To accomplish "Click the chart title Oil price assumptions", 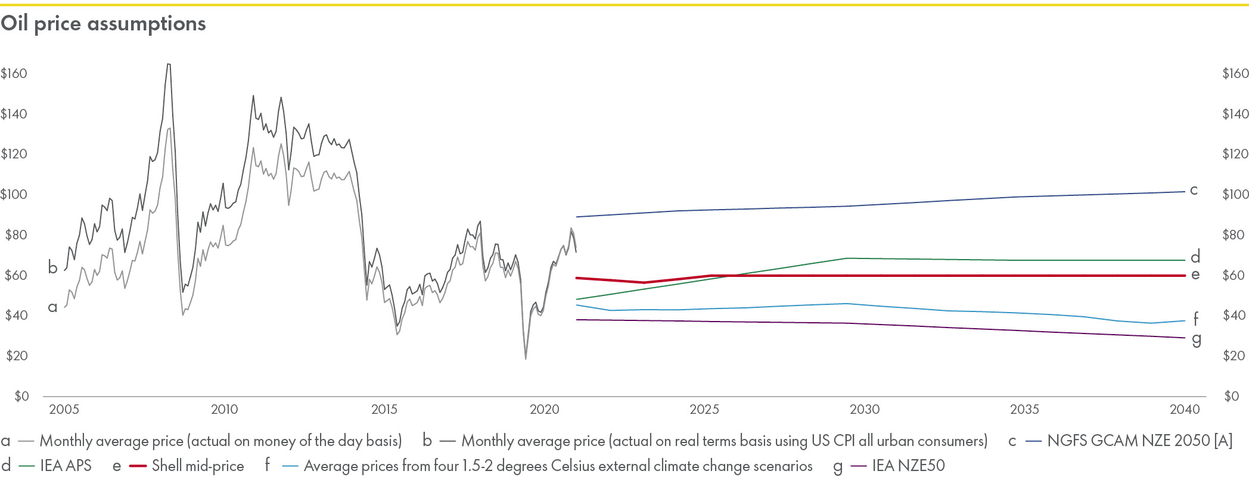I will tap(103, 24).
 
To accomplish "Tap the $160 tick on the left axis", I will tap(14, 73).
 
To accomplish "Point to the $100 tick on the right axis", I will tap(1235, 194).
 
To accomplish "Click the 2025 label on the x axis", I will tap(704, 410).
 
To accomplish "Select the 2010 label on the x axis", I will tap(224, 410).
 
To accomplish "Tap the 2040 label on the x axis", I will tap(1185, 410).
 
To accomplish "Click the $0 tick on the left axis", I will tap(21, 396).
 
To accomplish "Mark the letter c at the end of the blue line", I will tap(1194, 190).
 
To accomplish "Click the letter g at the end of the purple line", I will tap(1196, 339).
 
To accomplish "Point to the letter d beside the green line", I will tap(1195, 257).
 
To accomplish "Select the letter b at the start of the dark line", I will tap(52, 268).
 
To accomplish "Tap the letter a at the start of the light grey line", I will tap(52, 307).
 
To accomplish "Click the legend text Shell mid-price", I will tap(198, 466).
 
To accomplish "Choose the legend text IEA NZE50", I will tap(908, 466).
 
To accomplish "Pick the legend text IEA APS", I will tap(66, 466).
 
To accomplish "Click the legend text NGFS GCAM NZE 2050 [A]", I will tap(1139, 441).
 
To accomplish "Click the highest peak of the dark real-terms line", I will tap(169, 64).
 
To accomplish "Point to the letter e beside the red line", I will tap(1195, 275).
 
